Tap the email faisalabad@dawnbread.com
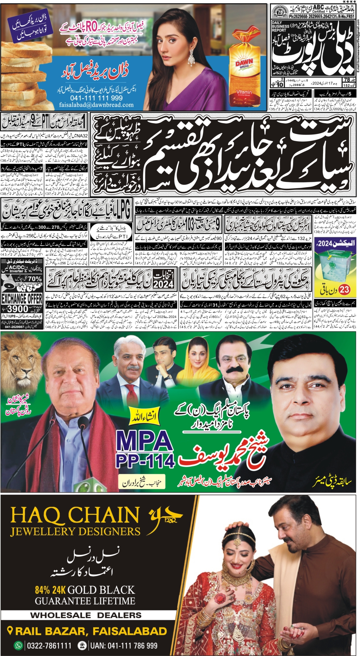click(96, 105)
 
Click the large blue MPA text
click(145, 441)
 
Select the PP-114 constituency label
click(145, 460)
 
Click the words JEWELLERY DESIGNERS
click(75, 531)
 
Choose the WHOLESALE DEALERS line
click(86, 615)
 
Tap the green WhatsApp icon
click(18, 646)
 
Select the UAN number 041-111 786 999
click(124, 646)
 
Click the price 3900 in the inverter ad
click(18, 309)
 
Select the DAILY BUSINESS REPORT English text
click(280, 26)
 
